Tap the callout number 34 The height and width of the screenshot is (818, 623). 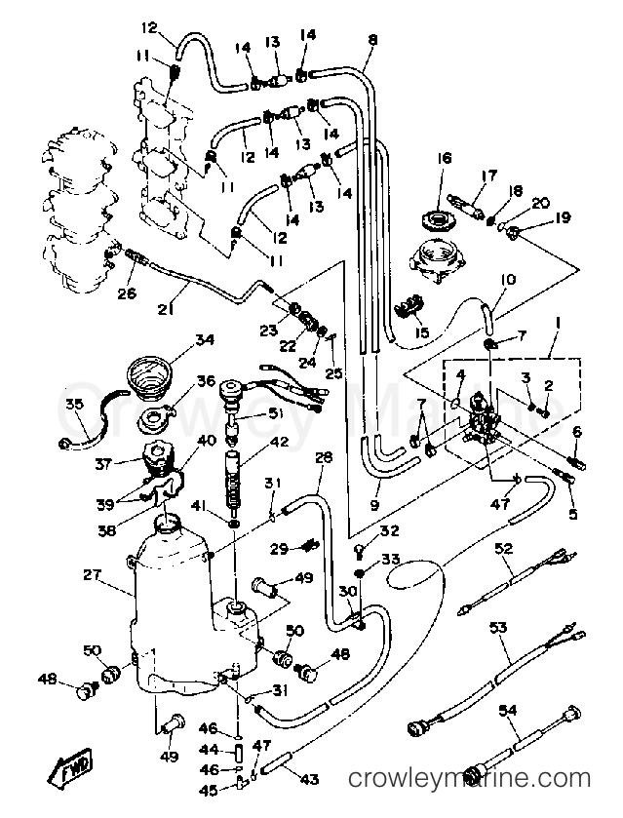[204, 340]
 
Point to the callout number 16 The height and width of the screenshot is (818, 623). [445, 158]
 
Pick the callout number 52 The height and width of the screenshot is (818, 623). [503, 549]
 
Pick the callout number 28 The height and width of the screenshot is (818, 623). [325, 458]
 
